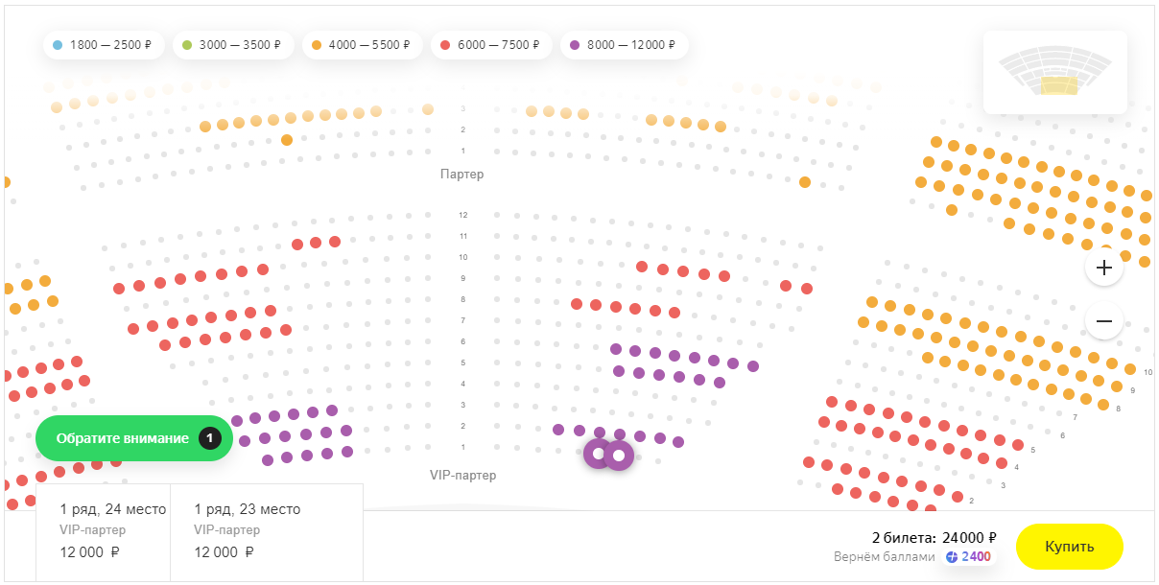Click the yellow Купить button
tap(1069, 547)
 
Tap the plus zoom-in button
tap(1103, 268)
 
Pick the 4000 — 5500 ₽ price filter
tap(362, 45)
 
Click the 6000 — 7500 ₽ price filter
tap(491, 45)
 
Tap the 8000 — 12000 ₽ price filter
tap(624, 45)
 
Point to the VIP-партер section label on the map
tap(462, 475)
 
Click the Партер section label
tap(462, 175)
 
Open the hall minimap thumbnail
tap(1054, 72)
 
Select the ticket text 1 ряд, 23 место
tap(247, 509)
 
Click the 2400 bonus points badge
tap(968, 556)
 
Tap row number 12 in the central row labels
tap(462, 215)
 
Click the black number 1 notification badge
tap(210, 438)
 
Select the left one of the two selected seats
tap(598, 454)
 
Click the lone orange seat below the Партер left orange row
tap(287, 140)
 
